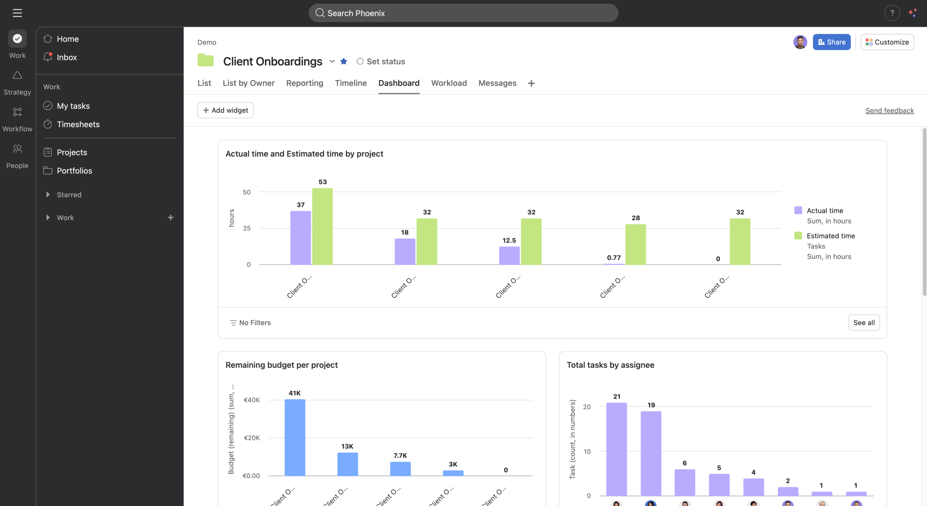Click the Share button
831,42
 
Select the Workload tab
449,83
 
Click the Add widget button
225,110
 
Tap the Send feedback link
889,110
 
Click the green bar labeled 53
322,226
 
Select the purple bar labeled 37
301,238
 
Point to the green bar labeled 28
636,244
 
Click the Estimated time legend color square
798,236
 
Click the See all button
864,322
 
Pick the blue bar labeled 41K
295,437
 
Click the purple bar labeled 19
651,453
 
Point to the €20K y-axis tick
252,438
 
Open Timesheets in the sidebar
78,124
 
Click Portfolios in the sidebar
74,171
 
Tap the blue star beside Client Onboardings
344,62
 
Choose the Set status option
381,62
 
